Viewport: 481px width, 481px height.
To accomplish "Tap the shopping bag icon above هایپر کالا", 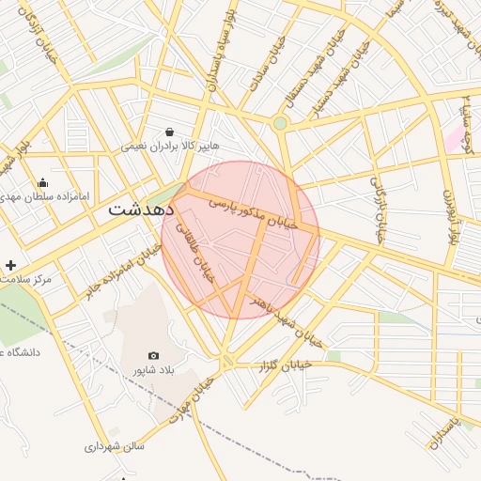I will (169, 132).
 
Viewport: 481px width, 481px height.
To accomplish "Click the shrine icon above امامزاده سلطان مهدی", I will (42, 182).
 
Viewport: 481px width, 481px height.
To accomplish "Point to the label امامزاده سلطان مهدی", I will (48, 197).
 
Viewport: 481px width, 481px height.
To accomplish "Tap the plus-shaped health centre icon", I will (10, 266).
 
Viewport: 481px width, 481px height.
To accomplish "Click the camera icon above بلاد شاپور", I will (153, 356).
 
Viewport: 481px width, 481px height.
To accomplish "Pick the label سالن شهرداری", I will (115, 446).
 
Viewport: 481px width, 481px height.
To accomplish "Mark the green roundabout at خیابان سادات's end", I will (280, 123).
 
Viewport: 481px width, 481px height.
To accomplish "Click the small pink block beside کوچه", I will (456, 140).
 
